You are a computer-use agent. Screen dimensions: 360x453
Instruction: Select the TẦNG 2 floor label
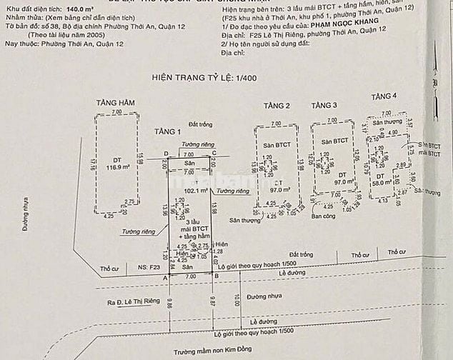(276, 106)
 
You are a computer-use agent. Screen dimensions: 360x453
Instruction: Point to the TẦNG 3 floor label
(324, 106)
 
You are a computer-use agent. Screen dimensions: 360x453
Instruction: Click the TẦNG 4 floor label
(384, 96)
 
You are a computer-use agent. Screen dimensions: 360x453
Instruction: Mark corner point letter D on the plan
(166, 154)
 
